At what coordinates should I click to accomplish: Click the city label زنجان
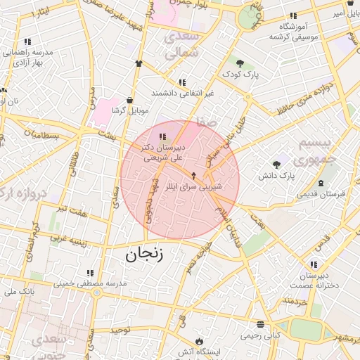(145, 255)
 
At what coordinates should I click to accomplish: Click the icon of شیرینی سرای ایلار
(194, 174)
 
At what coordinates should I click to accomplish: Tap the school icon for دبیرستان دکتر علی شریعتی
(162, 136)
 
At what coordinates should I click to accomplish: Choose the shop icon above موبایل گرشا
(130, 100)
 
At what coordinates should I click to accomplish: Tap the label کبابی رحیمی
(260, 335)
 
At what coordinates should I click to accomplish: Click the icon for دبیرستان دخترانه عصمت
(313, 264)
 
